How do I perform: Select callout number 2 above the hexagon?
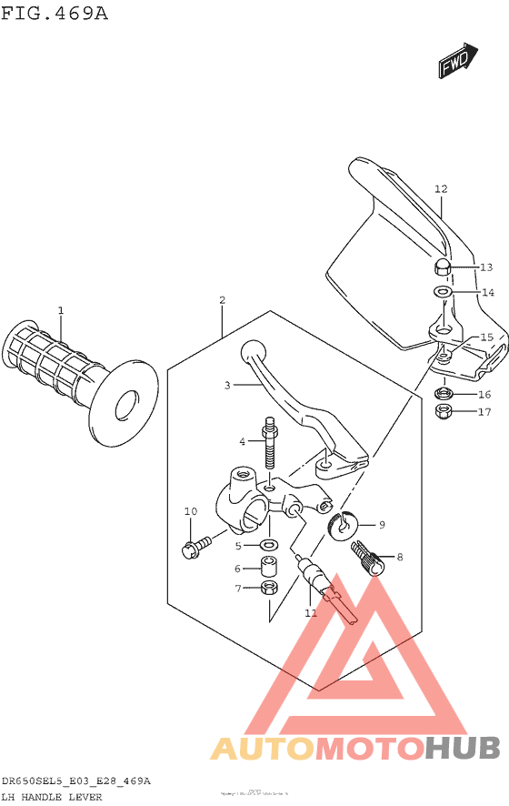click(222, 299)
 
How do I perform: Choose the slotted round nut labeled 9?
click(344, 523)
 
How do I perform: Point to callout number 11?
click(311, 613)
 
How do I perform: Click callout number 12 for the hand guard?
click(441, 189)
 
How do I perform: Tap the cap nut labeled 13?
click(441, 267)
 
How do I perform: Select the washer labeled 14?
click(442, 293)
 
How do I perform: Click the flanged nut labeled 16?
click(444, 394)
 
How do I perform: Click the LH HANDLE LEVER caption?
click(52, 797)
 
